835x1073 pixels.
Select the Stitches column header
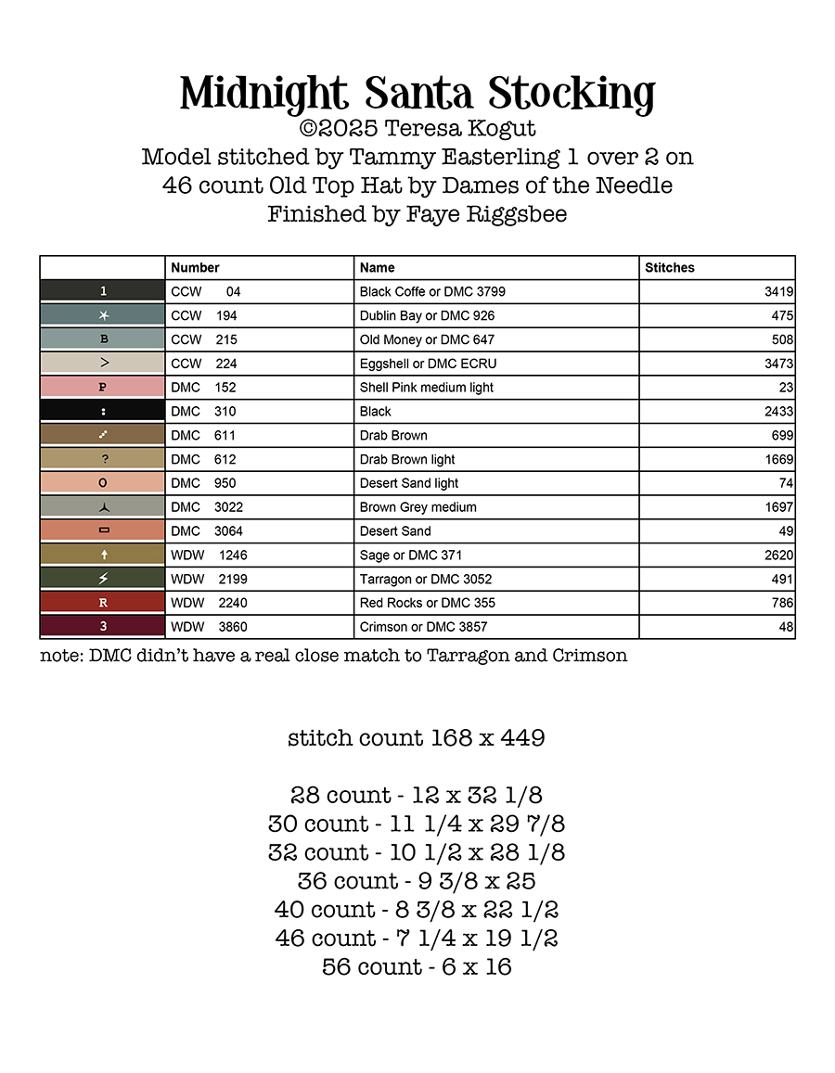[x=670, y=267]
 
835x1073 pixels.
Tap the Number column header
[x=195, y=267]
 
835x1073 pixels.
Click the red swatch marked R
[x=103, y=603]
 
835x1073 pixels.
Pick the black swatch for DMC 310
[x=103, y=411]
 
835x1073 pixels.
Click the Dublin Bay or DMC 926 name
[x=428, y=315]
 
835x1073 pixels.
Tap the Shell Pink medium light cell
[x=427, y=388]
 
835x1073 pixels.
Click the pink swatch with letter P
[x=103, y=388]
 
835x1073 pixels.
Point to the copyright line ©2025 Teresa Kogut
[x=417, y=128]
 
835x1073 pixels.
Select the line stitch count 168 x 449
[x=417, y=738]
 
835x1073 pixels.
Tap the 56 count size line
[x=417, y=967]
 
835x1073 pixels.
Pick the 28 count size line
[x=417, y=796]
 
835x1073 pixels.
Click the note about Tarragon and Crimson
[x=334, y=656]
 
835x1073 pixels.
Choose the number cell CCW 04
[x=206, y=291]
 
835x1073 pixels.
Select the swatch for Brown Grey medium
[x=103, y=507]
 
